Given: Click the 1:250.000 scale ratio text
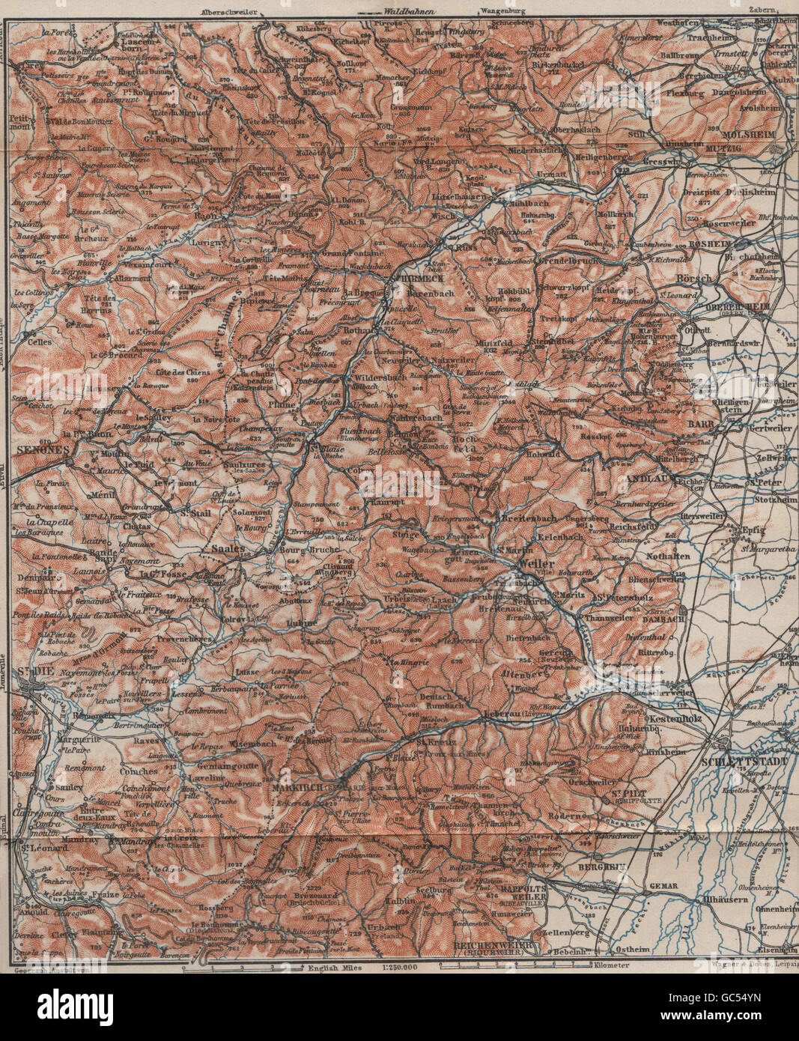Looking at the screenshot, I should (401, 968).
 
